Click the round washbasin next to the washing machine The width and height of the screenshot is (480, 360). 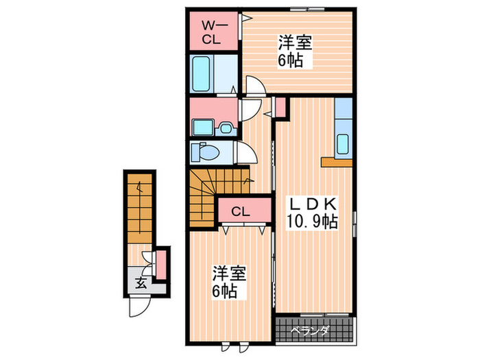[x=226, y=127]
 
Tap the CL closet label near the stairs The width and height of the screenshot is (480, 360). [x=239, y=211]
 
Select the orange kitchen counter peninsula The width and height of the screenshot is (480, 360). [x=336, y=162]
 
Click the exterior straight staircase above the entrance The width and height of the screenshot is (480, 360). [x=140, y=206]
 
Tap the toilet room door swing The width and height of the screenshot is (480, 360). [x=244, y=152]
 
